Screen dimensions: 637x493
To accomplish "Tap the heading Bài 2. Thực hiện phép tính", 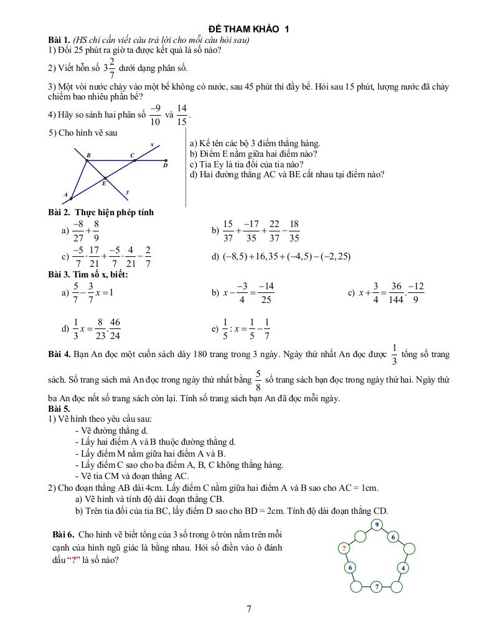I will (101, 212).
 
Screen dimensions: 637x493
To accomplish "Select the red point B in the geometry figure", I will (87, 160).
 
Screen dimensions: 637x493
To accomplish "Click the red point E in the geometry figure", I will (105, 177).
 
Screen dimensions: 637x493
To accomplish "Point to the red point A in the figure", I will (71, 199).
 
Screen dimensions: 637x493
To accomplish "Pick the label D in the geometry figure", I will (165, 165).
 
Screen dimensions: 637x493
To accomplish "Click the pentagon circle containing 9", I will (377, 525).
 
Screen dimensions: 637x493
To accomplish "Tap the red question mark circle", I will (343, 548).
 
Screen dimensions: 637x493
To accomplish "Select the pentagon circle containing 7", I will (377, 587).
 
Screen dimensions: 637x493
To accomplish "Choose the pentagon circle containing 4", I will (403, 567).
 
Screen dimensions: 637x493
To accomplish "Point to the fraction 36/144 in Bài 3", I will (395, 292).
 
